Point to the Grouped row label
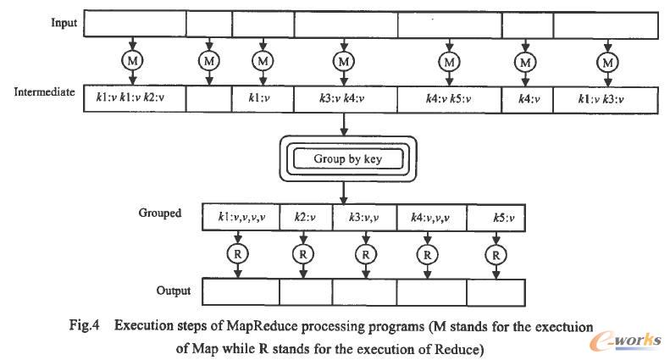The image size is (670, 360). tap(161, 213)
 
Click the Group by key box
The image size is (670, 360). tap(343, 158)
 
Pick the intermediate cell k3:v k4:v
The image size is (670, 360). tap(343, 99)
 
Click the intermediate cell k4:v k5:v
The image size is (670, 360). tap(449, 99)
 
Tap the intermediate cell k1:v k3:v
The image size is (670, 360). tap(606, 99)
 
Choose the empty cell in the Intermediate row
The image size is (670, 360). tap(208, 99)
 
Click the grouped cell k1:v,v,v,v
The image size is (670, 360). tap(241, 219)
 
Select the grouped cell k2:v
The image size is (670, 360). tap(305, 219)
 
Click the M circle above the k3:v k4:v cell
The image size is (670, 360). tap(343, 60)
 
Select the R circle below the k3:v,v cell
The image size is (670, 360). tap(365, 253)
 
